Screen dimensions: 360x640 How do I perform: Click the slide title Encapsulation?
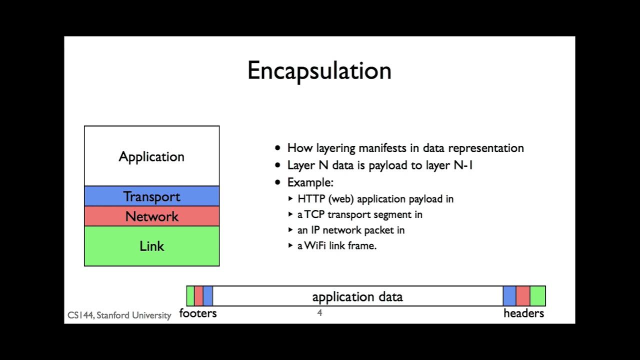[x=319, y=70]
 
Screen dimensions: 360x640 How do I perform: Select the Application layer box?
[x=151, y=156]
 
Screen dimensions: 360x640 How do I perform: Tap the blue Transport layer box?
[x=151, y=196]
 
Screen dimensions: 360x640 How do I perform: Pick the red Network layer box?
[x=151, y=216]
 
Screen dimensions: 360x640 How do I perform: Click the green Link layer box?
[x=151, y=246]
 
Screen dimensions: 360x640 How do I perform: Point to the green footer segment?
[x=190, y=296]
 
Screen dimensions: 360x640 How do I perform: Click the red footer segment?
[x=198, y=296]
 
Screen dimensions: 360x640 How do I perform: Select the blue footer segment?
[x=208, y=296]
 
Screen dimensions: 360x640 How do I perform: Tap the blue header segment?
[x=509, y=296]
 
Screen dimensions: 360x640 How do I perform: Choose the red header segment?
[x=523, y=296]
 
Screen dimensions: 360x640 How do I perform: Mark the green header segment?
[x=537, y=296]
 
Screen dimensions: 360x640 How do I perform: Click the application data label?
[x=357, y=297]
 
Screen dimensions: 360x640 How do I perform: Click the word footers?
[x=198, y=313]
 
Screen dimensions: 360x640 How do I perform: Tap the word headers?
[x=523, y=313]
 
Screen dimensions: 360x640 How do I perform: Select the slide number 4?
[x=319, y=313]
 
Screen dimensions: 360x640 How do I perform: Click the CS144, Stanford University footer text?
[x=119, y=315]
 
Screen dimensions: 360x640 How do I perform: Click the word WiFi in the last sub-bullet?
[x=315, y=245]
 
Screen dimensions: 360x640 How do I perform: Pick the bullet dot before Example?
[x=278, y=182]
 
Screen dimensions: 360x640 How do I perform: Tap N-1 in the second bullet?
[x=463, y=165]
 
